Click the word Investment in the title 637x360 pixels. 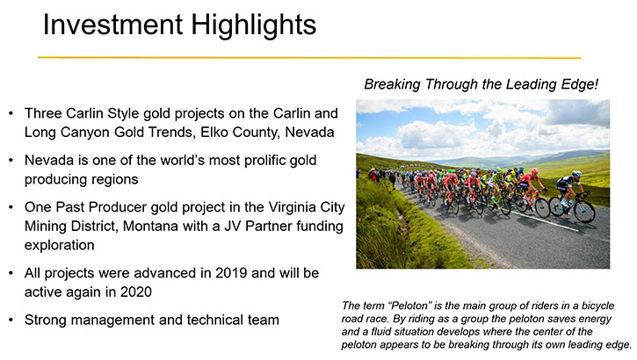tap(113, 25)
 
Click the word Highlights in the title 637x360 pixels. tap(254, 25)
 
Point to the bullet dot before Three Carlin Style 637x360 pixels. tap(11, 113)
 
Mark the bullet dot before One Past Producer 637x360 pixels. tap(11, 207)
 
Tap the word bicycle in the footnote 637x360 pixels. tap(598, 306)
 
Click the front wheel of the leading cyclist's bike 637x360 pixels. tap(584, 212)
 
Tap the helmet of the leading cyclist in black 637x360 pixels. tap(576, 174)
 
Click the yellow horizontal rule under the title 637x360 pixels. tap(309, 58)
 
